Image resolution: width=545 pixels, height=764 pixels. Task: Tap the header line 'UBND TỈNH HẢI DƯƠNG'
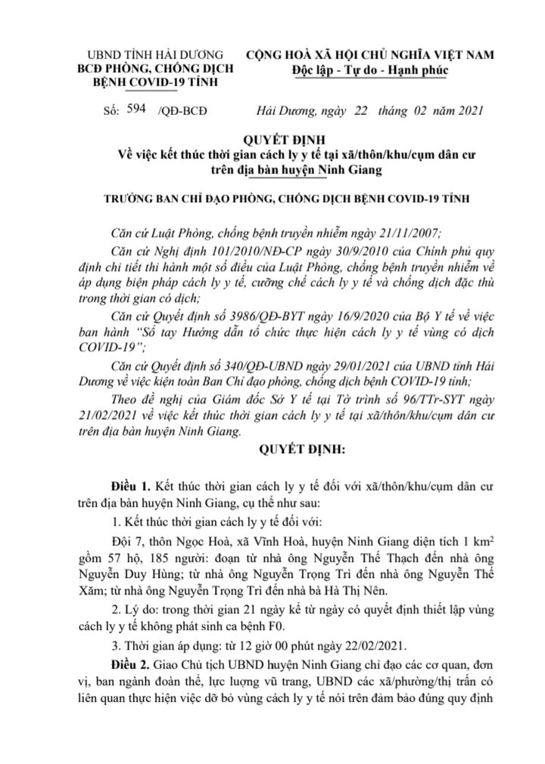click(157, 55)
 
